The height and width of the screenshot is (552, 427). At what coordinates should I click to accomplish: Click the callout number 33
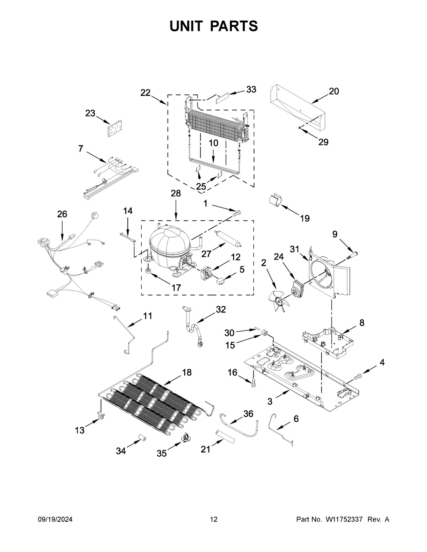click(x=251, y=90)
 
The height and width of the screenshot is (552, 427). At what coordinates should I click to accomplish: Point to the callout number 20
click(x=334, y=91)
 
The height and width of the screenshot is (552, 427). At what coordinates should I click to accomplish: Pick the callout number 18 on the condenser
click(x=186, y=372)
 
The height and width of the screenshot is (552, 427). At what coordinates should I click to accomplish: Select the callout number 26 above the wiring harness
click(x=62, y=214)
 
